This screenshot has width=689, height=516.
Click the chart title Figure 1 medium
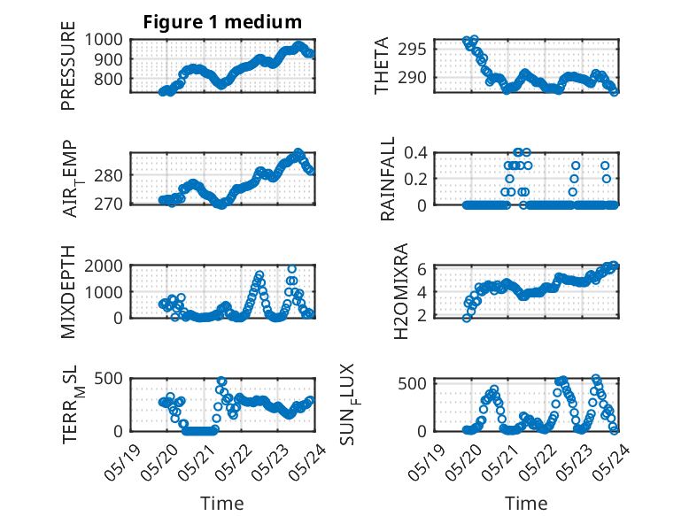[222, 22]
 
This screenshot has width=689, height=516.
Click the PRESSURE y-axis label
[68, 65]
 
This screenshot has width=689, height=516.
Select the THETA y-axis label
[382, 65]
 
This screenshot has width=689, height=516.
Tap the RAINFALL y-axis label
[388, 178]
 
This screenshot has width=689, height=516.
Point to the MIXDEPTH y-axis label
[68, 291]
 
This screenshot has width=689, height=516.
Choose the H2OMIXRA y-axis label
[401, 291]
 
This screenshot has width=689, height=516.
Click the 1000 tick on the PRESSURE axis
[104, 40]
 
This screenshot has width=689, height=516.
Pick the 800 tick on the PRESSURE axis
[108, 79]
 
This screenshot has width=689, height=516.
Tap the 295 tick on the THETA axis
[412, 50]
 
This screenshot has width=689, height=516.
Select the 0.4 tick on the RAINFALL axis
[415, 153]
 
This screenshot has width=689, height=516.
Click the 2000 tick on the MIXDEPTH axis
[104, 266]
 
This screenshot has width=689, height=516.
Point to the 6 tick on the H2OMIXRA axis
[422, 269]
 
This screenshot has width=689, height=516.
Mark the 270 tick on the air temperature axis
[108, 204]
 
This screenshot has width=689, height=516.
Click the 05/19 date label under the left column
[122, 462]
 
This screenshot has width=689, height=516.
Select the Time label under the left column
[222, 504]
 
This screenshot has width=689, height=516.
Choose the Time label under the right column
[526, 504]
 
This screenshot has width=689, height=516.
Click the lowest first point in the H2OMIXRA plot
[467, 318]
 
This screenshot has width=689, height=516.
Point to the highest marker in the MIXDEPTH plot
[291, 269]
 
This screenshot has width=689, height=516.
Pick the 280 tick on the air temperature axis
[108, 175]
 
